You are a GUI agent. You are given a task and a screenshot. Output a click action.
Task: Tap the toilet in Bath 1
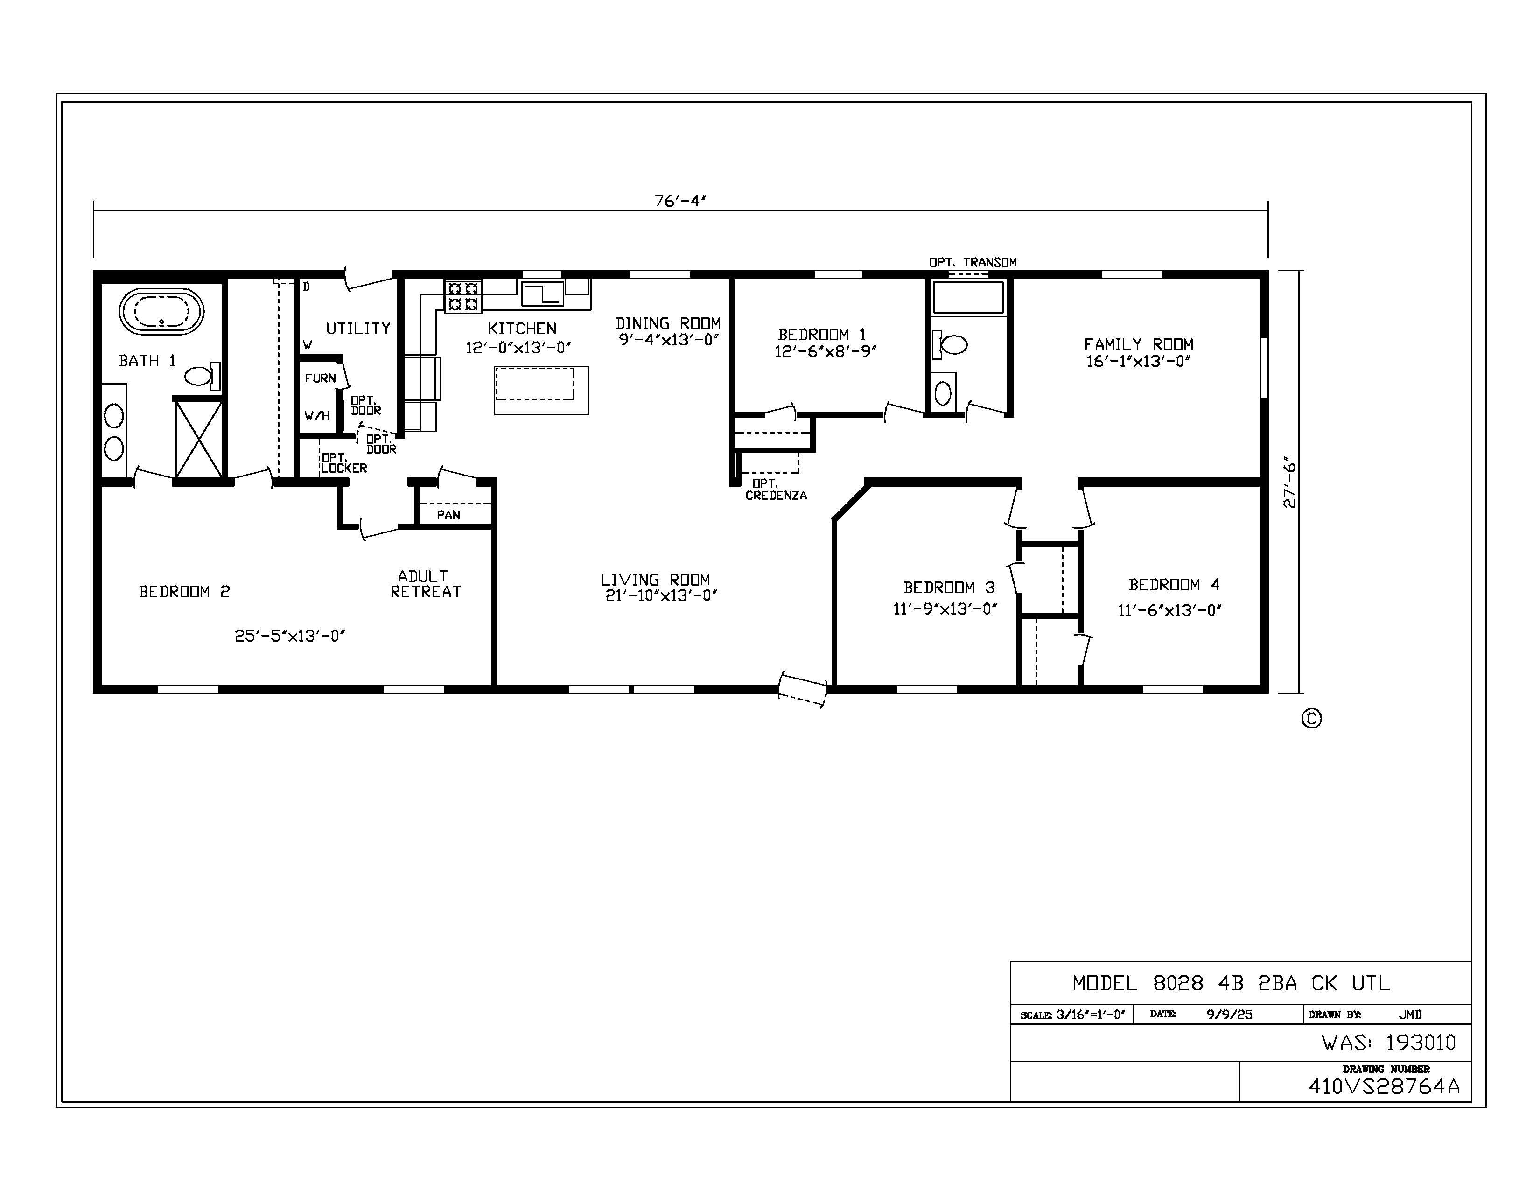click(203, 376)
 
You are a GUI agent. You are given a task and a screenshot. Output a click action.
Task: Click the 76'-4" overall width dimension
click(680, 201)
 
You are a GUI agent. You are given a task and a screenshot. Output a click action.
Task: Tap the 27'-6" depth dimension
click(1290, 485)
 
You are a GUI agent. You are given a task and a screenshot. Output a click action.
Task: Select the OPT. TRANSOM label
click(973, 262)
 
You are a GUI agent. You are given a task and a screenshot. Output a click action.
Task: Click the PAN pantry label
click(448, 515)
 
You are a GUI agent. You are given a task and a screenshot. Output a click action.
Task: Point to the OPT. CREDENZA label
click(776, 489)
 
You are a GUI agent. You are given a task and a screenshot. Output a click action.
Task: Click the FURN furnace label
click(320, 378)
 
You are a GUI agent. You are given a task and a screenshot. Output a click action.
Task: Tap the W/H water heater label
click(317, 415)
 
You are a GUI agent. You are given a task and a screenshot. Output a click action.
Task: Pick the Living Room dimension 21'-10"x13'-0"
click(661, 596)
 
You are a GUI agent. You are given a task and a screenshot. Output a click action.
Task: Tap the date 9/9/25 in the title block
click(1229, 1015)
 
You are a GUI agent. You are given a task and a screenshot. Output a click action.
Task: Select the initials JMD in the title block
click(1410, 1015)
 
